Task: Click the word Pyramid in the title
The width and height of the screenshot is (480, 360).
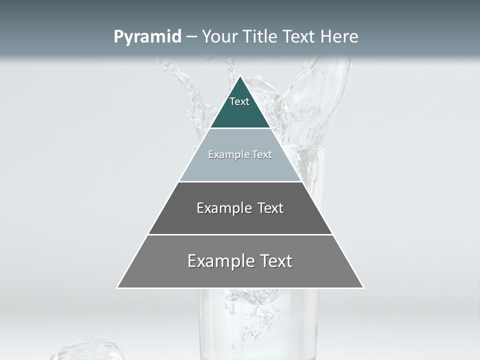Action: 147,37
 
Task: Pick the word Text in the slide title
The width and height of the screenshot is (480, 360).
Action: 299,36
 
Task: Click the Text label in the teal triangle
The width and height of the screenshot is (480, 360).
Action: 239,101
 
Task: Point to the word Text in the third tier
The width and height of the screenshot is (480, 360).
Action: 270,208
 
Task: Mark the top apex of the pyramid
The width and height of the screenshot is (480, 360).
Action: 240,76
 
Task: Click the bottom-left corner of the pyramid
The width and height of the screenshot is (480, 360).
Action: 117,287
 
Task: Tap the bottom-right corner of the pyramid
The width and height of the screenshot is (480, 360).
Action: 363,287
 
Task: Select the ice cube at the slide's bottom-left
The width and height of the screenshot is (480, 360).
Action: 87,350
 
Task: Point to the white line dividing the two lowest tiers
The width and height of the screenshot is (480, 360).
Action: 240,234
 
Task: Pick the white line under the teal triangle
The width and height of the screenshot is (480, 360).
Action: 240,128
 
